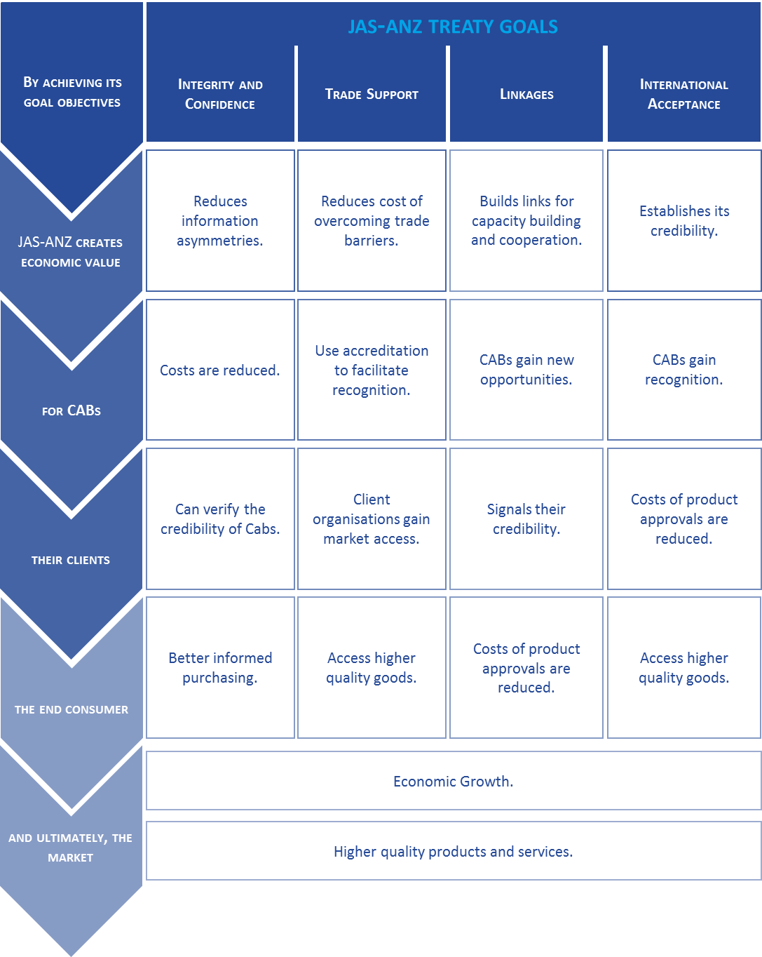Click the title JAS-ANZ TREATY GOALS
[453, 27]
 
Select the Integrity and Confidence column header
[220, 94]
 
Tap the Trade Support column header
[372, 94]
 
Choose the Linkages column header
[526, 94]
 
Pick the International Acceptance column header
[684, 94]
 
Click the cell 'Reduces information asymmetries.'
[220, 220]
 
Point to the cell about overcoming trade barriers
[372, 220]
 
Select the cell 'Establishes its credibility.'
[684, 220]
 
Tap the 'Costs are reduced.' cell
[220, 370]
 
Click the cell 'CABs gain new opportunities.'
[526, 370]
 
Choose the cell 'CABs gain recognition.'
[684, 370]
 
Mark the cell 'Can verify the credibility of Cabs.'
[220, 519]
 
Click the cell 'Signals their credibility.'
[526, 519]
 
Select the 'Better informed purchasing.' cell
[220, 668]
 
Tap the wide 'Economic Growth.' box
[454, 781]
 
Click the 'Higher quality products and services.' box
[454, 851]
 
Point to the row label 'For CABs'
[72, 410]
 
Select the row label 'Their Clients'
[71, 560]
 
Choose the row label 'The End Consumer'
[72, 709]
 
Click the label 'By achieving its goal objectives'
[72, 92]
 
